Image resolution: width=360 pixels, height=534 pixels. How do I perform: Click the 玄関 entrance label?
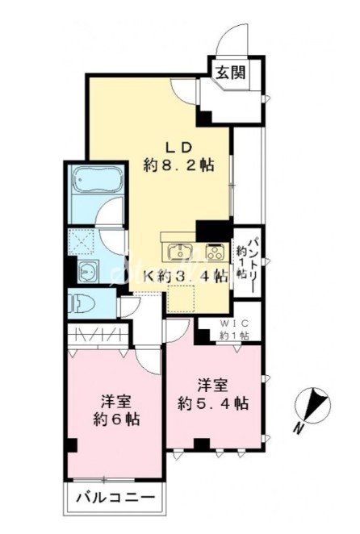coord(232,73)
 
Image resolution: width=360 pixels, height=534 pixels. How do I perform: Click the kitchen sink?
coord(180,252)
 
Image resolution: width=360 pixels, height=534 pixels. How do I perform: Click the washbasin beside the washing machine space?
coord(88,272)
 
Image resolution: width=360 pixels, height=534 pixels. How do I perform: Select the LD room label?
coord(178,148)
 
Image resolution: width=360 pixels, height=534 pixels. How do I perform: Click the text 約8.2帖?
coord(178,165)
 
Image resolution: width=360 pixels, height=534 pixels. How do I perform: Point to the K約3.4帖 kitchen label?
coord(185,276)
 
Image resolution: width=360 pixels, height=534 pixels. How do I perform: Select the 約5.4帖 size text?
coord(213,404)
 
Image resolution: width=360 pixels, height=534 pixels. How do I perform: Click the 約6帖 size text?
coord(116,419)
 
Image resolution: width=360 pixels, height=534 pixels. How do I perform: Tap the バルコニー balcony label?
coord(115,498)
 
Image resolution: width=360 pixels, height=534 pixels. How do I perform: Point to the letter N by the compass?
coord(299,428)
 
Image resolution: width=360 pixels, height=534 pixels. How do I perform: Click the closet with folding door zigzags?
coord(98,335)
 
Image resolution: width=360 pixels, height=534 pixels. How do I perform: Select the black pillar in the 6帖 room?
coord(73,444)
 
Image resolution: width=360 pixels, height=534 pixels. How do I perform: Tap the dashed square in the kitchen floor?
coord(182,299)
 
